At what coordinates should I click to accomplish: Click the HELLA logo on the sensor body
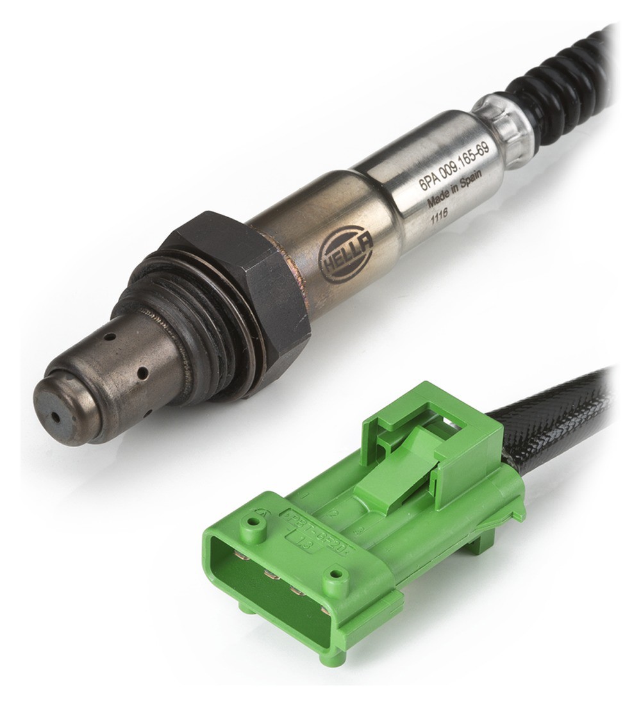coord(347,256)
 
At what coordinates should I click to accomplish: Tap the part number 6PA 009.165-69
coord(454,166)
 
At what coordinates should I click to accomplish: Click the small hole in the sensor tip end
coord(56,416)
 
